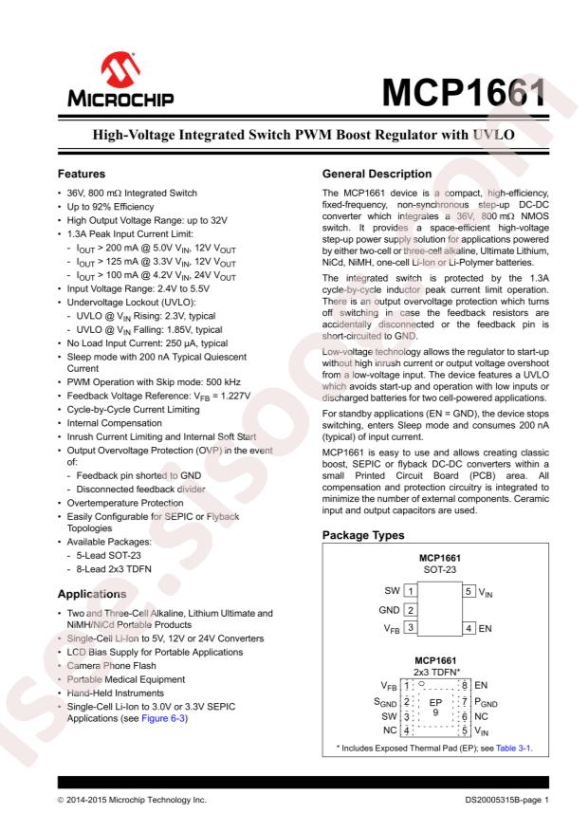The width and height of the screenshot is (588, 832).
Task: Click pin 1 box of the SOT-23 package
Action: tap(411, 589)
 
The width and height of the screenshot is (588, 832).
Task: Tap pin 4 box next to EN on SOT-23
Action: tap(469, 626)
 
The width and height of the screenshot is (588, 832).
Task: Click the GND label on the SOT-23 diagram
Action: tap(389, 607)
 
